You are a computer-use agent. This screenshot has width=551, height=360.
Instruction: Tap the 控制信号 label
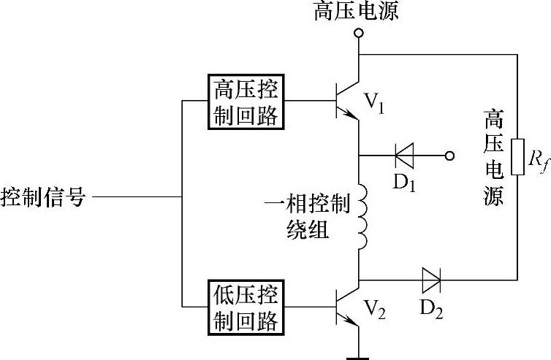coord(45,198)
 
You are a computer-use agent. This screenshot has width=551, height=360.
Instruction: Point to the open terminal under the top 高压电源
coord(358,34)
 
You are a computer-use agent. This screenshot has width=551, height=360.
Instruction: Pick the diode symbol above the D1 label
coord(404,156)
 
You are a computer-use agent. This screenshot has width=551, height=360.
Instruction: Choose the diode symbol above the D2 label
coord(430,278)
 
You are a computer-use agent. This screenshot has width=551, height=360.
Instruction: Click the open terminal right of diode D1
coord(450,156)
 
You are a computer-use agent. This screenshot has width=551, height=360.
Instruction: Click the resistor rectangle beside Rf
coord(517,156)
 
